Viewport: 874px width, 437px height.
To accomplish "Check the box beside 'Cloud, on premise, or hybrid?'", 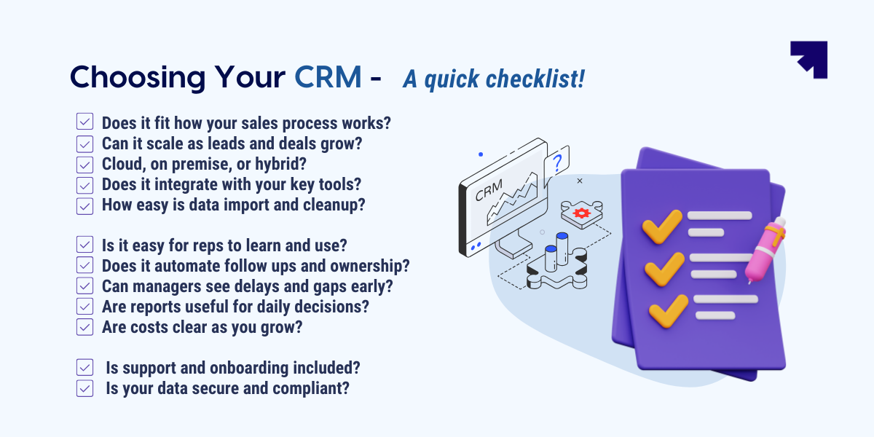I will (85, 165).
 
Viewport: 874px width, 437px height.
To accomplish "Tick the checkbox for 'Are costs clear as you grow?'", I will (85, 327).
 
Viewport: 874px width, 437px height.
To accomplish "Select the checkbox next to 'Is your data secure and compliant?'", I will (85, 388).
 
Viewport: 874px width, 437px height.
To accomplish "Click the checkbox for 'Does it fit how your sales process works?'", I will (85, 122).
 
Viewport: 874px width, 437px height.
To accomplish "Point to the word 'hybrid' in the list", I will (282, 165).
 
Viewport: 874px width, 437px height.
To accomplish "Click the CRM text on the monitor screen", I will (489, 192).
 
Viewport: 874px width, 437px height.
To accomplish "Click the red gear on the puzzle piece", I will (580, 213).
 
